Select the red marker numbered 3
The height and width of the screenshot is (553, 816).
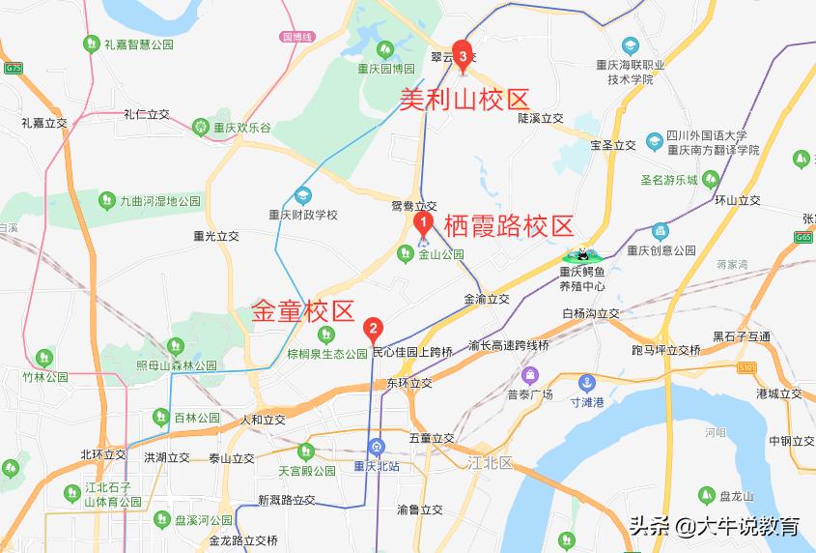(463, 56)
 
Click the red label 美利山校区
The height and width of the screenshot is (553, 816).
(465, 99)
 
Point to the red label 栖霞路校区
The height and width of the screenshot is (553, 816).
(508, 227)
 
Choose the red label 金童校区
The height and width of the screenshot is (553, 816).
(303, 311)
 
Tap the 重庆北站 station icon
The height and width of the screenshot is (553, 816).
(377, 447)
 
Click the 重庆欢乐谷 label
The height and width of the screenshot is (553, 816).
(242, 127)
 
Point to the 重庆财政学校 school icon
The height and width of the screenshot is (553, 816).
(304, 193)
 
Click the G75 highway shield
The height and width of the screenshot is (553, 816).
(14, 69)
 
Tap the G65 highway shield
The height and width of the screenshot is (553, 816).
(803, 237)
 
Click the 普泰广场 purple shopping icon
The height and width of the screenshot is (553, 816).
(529, 375)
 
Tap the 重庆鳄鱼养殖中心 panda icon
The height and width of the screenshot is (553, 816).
(582, 256)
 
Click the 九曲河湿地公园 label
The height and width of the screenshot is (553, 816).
(160, 201)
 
